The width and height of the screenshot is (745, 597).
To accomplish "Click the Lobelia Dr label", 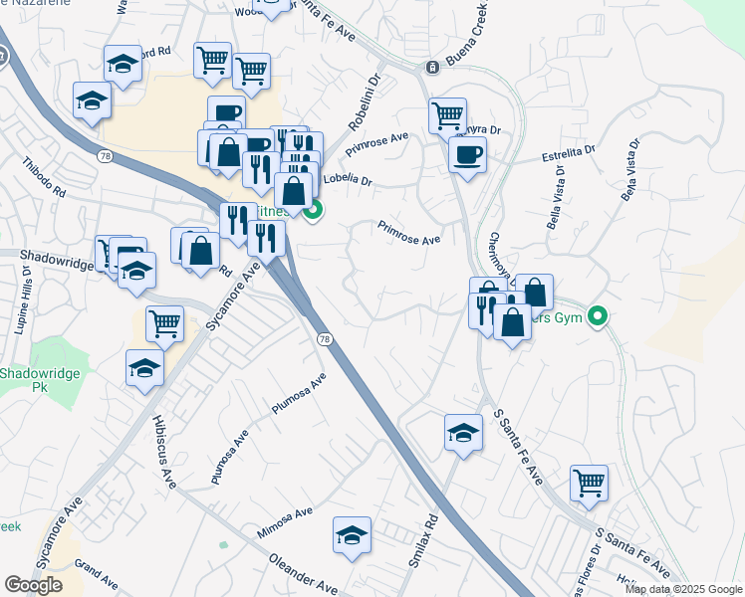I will point(348,181).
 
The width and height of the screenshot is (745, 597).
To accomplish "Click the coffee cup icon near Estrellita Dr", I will point(467,153).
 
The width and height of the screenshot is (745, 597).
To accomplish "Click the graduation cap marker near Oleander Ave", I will point(352,534).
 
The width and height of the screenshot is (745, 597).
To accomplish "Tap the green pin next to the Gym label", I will point(598,318).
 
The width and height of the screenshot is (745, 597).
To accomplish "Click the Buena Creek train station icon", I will point(432,68).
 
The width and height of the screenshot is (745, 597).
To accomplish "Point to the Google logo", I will point(33,585).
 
